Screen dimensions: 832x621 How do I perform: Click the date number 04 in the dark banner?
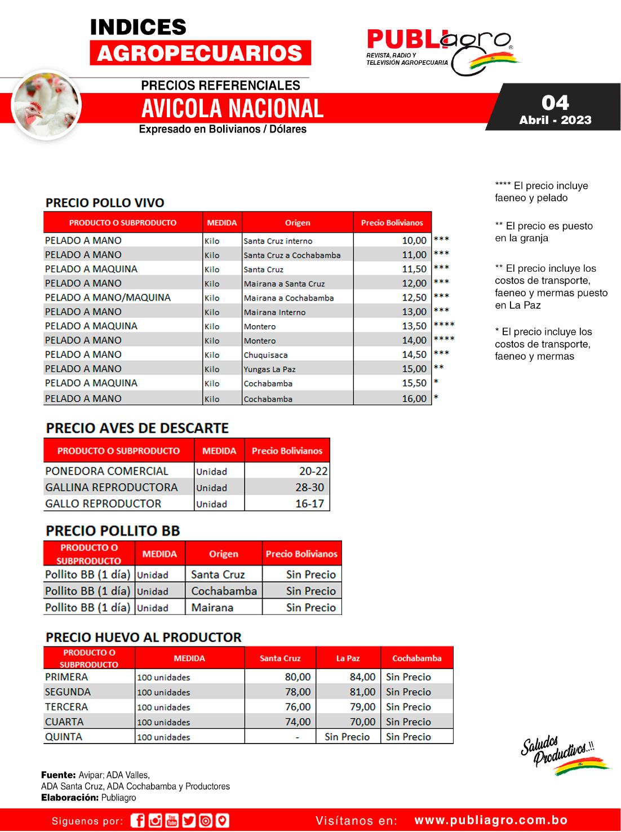[x=555, y=103]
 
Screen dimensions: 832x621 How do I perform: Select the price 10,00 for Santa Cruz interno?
[x=414, y=241]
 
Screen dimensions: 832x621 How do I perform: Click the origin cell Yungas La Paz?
[x=269, y=369]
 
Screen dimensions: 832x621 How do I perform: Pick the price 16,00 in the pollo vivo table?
[x=414, y=399]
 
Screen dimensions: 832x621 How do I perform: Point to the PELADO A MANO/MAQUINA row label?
[x=108, y=298]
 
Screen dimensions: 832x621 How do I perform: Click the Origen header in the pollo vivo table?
[x=298, y=223]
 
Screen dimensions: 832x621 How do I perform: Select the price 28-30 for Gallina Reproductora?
[x=309, y=488]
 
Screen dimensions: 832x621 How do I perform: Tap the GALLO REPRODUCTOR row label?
[x=103, y=503]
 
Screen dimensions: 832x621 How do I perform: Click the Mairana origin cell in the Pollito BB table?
[x=212, y=608]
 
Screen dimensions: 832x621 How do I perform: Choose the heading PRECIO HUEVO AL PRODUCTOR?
[x=143, y=638]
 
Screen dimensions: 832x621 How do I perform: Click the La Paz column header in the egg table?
[x=348, y=658]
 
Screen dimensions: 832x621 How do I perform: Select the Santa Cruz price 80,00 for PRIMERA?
[x=298, y=677]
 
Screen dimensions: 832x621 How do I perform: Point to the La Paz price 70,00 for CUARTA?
[x=362, y=722]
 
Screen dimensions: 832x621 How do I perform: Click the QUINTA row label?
[x=64, y=737]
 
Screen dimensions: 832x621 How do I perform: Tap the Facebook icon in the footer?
[x=137, y=821]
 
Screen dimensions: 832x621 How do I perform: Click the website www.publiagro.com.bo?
[x=491, y=821]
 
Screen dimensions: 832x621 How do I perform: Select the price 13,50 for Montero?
[x=414, y=326]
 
